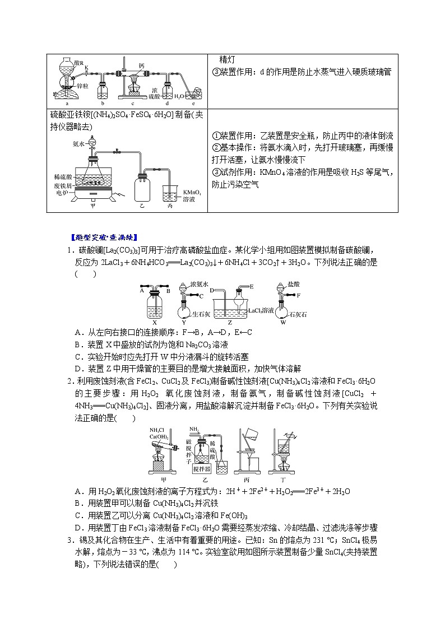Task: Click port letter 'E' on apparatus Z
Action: (252, 286)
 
